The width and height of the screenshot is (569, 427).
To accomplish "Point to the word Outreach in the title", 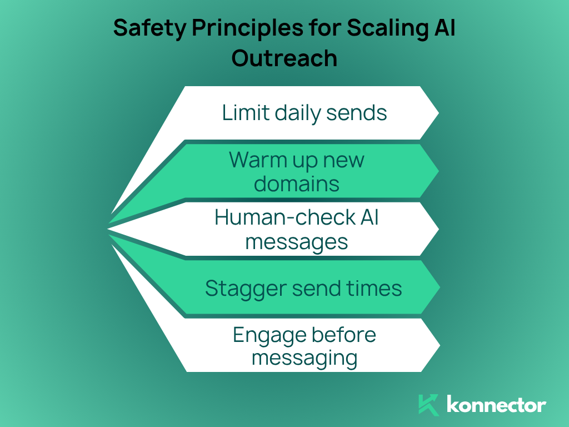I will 284,58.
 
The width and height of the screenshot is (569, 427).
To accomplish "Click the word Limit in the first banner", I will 240,113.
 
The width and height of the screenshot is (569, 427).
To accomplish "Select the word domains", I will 297,183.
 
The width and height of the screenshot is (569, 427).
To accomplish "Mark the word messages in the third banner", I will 297,242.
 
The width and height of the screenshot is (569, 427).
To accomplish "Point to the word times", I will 376,289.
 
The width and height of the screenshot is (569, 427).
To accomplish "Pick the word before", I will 344,335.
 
